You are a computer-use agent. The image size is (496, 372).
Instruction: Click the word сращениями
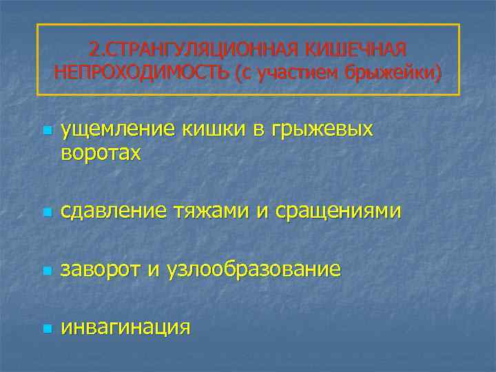338,212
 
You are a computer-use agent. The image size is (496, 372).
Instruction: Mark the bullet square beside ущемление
45,130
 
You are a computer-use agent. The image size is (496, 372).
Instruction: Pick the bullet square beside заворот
45,270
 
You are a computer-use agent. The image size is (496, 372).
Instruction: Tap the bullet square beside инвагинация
45,328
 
